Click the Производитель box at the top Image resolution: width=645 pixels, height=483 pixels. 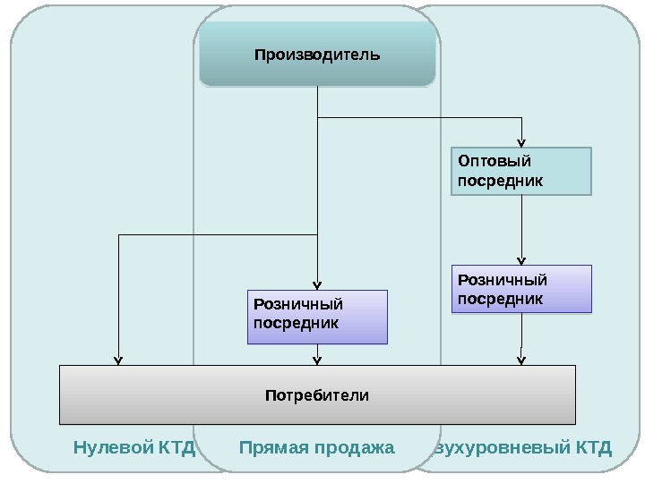tap(317, 55)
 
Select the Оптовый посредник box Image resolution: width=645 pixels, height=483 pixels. tap(520, 172)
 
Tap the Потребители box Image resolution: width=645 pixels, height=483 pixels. tap(317, 394)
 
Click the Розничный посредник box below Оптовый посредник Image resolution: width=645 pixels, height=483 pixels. tap(522, 289)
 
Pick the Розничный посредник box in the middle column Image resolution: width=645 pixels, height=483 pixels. tap(317, 317)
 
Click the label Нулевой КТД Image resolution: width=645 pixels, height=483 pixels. tap(134, 446)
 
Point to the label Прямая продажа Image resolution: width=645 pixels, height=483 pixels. tap(317, 446)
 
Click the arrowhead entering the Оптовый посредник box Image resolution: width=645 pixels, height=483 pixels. tap(521, 143)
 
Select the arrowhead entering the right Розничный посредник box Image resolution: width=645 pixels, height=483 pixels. tap(521, 260)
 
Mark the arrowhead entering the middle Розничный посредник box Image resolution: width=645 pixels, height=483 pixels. tap(317, 285)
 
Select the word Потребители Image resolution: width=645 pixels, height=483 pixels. tap(317, 394)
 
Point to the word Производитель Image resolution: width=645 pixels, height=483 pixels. tap(317, 55)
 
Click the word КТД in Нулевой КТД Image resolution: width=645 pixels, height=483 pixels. tap(176, 446)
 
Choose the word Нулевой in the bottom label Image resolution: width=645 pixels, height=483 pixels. tap(113, 446)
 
